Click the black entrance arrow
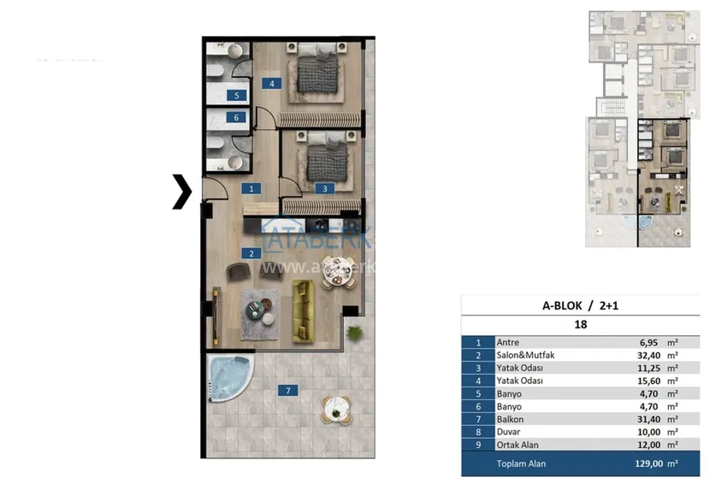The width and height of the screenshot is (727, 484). [181, 191]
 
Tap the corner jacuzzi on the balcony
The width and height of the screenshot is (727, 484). [227, 377]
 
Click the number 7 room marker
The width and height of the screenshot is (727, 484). [288, 391]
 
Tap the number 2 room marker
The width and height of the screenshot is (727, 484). [251, 253]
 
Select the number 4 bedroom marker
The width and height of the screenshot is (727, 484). [272, 84]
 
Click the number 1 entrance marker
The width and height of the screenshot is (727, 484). [251, 188]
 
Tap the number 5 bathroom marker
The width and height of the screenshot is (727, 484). [237, 96]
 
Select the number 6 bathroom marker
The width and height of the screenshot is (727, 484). [237, 118]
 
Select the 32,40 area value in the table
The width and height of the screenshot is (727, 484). [641, 354]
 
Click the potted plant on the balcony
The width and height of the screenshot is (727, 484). [352, 329]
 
